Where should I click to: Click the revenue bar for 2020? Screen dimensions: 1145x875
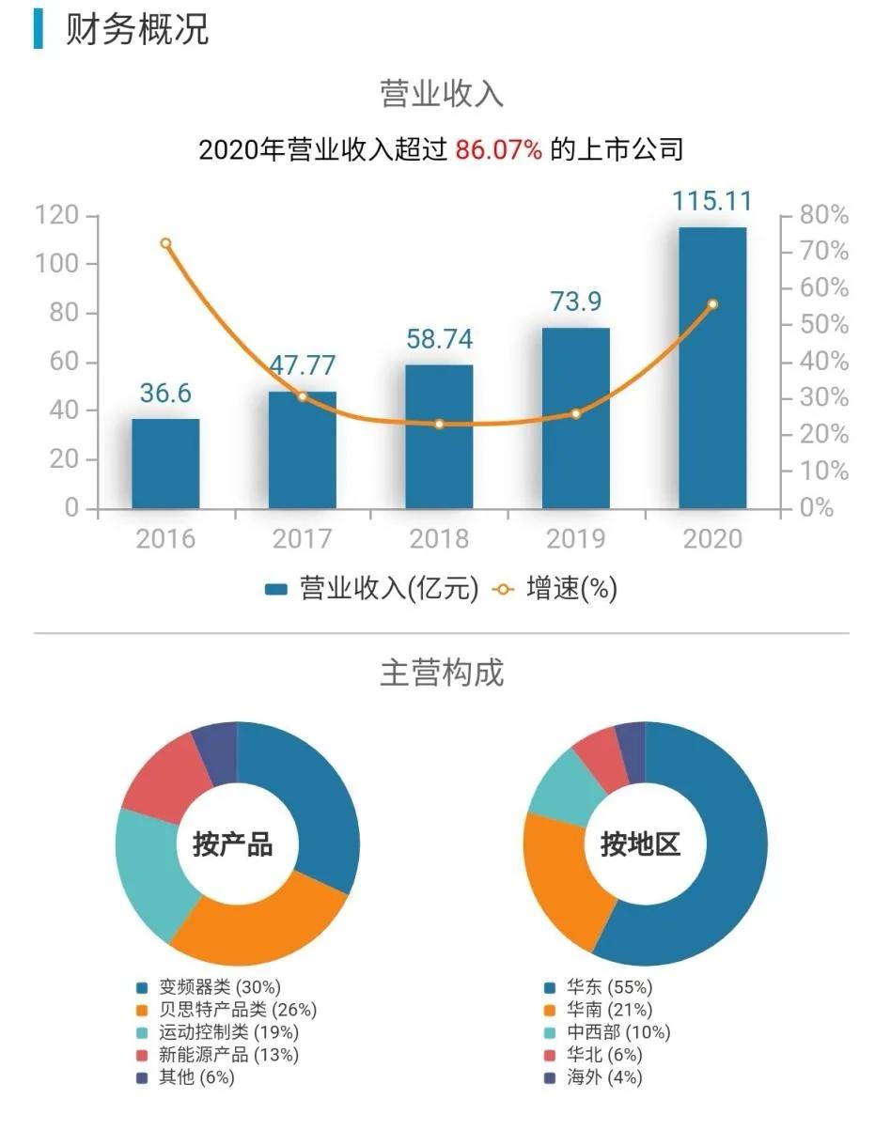pos(712,368)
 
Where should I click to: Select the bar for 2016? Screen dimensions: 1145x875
pos(165,464)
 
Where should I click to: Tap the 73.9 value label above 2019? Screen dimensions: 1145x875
pos(576,302)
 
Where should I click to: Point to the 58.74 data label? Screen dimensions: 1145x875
pos(439,339)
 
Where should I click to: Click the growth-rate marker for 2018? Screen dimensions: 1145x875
pos(439,425)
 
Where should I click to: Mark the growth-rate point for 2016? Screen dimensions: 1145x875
pos(165,243)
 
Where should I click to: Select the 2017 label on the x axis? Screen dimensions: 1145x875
pos(302,539)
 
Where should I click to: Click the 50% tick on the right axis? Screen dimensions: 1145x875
pos(824,325)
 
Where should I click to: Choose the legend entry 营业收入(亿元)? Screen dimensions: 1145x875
pos(371,589)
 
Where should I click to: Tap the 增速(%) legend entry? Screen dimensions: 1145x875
pos(555,589)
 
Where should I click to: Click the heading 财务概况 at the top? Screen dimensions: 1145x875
pos(136,29)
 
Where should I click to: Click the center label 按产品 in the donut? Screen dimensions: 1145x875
pos(232,844)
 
